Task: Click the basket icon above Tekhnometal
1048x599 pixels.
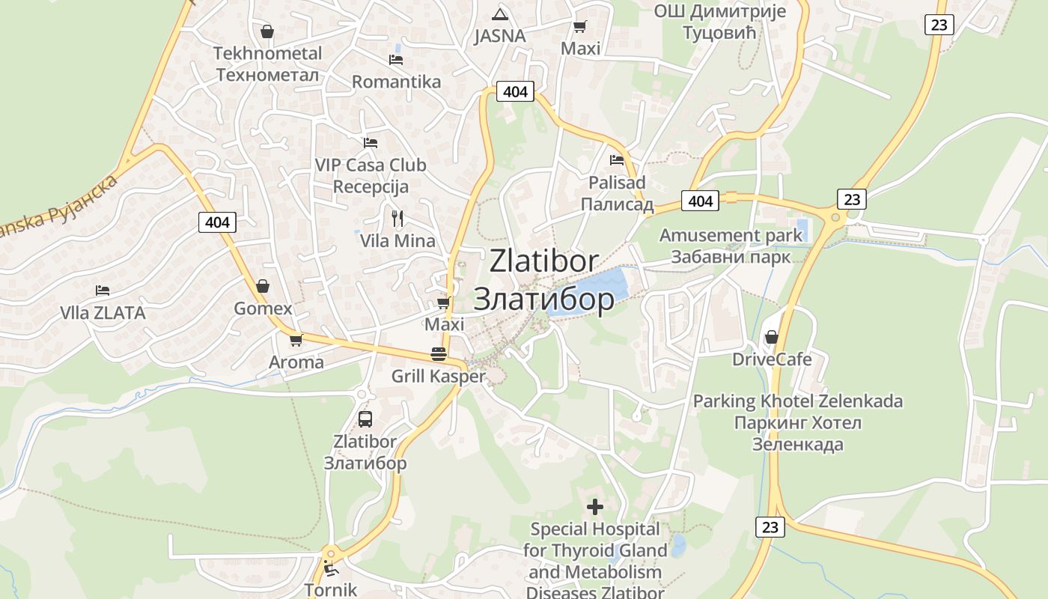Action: click(x=266, y=31)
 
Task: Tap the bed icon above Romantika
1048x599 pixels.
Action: click(x=396, y=60)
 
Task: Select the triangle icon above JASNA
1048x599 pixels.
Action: click(x=500, y=13)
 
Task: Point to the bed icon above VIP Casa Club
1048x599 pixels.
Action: click(x=371, y=142)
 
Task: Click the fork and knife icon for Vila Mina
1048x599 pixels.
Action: click(x=397, y=219)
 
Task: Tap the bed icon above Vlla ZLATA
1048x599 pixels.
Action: click(x=103, y=291)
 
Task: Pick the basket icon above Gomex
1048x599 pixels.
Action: click(x=263, y=286)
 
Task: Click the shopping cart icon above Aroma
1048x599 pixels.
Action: click(x=296, y=340)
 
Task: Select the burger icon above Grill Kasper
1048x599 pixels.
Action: click(x=439, y=353)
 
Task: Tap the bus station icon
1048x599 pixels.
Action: click(x=365, y=419)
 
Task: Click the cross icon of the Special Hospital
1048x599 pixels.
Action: click(x=595, y=507)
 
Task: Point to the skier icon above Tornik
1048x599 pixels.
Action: click(x=330, y=568)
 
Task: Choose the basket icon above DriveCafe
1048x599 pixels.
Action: click(x=771, y=337)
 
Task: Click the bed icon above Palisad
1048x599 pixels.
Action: click(x=617, y=159)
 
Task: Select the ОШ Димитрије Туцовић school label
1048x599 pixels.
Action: click(x=719, y=22)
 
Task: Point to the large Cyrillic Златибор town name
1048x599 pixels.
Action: click(x=544, y=299)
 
